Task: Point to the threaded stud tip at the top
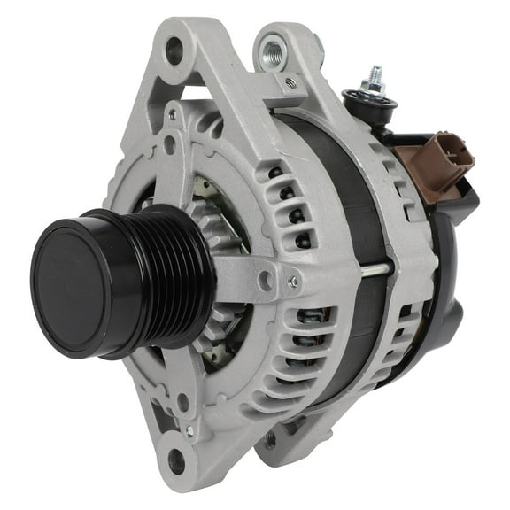click(375, 73)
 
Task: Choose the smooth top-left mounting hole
click(174, 50)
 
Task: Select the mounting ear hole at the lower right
click(270, 439)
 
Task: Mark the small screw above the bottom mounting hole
click(188, 431)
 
